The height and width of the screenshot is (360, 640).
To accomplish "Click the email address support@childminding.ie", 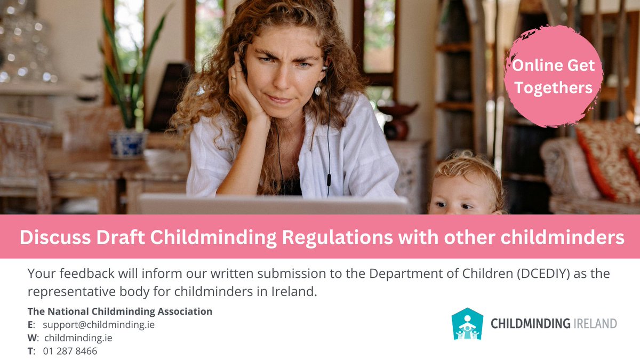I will [x=99, y=324].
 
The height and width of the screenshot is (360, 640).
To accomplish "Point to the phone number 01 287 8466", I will [x=70, y=351].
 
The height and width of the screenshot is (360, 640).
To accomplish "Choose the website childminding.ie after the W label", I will [x=78, y=338].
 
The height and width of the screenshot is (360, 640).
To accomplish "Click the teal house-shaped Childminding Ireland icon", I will [x=467, y=324].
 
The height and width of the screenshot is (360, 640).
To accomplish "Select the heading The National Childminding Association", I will [x=120, y=311].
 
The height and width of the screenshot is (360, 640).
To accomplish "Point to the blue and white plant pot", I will [x=128, y=142].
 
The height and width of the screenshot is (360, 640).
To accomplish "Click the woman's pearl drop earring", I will [x=318, y=90].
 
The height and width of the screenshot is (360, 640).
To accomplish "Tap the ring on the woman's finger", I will [x=233, y=78].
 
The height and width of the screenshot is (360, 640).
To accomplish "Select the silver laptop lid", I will [x=272, y=204].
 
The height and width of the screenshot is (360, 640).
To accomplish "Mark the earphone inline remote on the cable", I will [x=328, y=177].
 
